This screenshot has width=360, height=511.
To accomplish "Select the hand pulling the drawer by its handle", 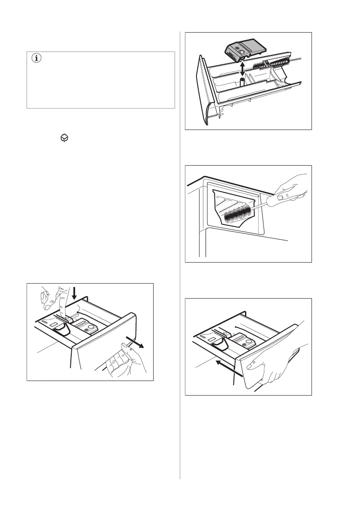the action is pyautogui.click(x=124, y=363).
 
